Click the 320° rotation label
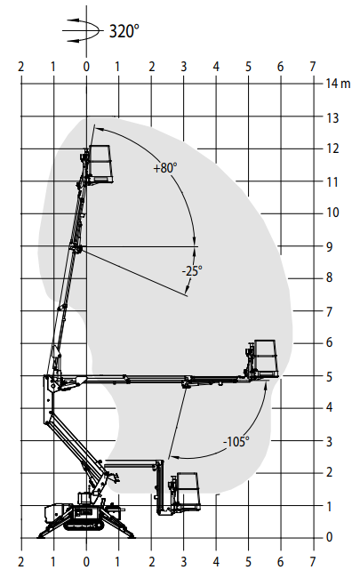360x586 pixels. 124,31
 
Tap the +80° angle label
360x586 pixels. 165,168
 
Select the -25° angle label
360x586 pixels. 192,270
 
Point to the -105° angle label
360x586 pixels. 236,442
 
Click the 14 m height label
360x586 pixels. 338,84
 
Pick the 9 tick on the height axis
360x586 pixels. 329,246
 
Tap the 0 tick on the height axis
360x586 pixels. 329,537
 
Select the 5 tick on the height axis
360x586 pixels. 329,377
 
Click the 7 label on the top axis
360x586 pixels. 313,67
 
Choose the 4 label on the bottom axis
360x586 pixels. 216,561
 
